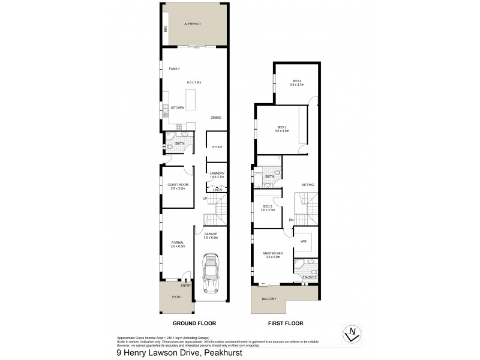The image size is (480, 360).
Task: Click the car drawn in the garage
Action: pyautogui.click(x=212, y=273)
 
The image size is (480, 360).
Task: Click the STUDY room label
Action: pyautogui.click(x=217, y=147)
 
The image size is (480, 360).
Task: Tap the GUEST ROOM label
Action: pyautogui.click(x=178, y=185)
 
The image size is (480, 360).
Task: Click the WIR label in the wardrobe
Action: pyautogui.click(x=304, y=241)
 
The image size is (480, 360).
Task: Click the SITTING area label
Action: pyautogui.click(x=308, y=185)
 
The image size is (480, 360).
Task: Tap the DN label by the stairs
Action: pyautogui.click(x=291, y=220)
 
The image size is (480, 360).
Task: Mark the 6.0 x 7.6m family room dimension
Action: pyautogui.click(x=194, y=82)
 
